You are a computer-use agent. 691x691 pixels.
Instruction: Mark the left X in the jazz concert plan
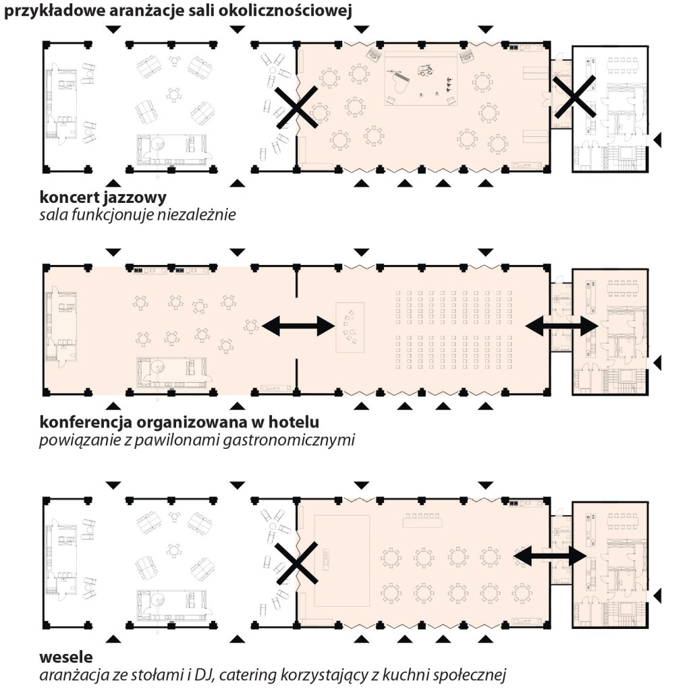(298, 108)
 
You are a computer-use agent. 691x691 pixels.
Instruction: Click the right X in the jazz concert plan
(574, 98)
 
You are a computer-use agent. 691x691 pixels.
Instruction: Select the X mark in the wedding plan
(297, 565)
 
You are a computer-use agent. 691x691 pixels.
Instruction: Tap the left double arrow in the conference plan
(298, 327)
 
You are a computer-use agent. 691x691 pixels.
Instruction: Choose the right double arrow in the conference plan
(561, 327)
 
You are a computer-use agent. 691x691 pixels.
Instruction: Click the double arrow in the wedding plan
(550, 556)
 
